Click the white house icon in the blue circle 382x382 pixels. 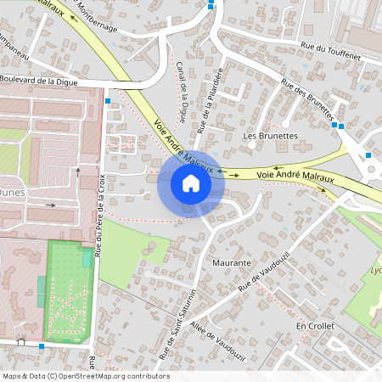click(190, 183)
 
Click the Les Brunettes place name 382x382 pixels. click(270, 135)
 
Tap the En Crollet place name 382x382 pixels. click(315, 326)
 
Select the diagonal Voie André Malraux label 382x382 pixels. click(183, 139)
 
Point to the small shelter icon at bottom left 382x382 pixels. click(21, 344)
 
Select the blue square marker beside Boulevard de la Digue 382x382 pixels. click(107, 100)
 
